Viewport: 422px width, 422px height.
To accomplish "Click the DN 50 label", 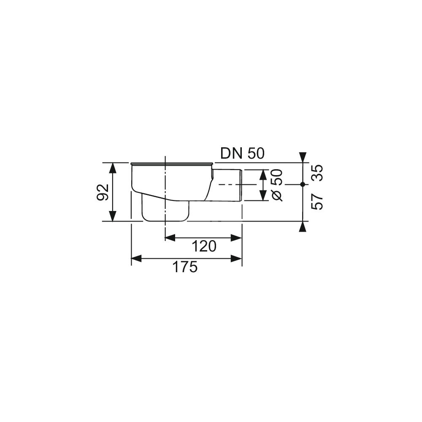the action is [243, 154].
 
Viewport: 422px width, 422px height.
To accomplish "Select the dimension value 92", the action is [103, 192].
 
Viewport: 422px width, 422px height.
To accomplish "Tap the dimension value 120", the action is [204, 246].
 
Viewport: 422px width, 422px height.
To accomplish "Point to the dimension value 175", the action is [185, 267].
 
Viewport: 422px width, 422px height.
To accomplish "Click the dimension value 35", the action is [317, 173].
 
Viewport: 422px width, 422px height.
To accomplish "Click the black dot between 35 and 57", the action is [303, 184].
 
